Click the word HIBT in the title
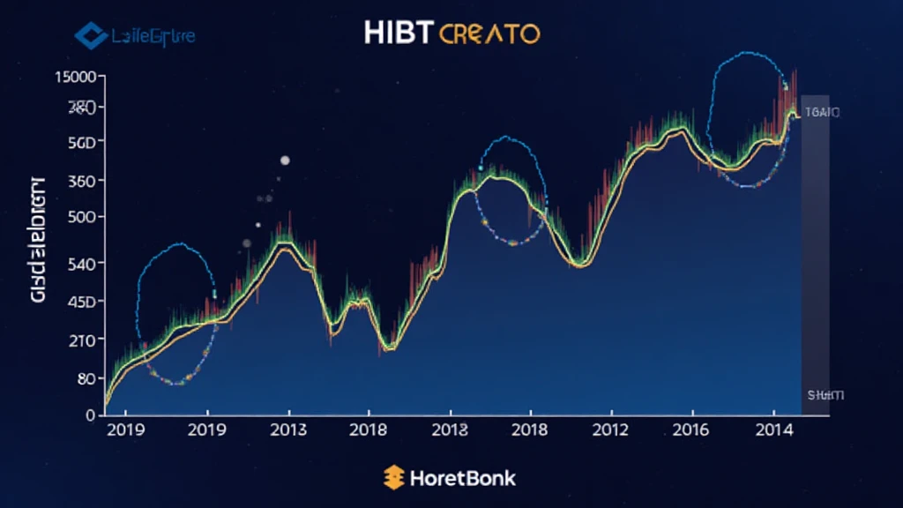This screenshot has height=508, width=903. (x=399, y=34)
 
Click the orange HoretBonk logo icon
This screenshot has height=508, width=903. (x=393, y=478)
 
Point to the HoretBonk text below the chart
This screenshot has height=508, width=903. (x=462, y=479)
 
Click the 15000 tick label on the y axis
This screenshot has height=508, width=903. (x=74, y=77)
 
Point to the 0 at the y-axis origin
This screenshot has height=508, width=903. (x=90, y=415)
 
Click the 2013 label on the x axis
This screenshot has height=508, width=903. (x=288, y=430)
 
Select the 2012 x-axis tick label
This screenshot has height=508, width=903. (x=610, y=430)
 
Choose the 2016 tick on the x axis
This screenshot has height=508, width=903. (x=692, y=430)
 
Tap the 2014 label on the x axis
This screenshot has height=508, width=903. (x=773, y=430)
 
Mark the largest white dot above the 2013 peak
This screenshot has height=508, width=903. (x=285, y=161)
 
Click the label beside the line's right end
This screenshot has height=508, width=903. (x=824, y=112)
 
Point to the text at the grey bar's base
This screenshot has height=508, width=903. (x=826, y=395)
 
